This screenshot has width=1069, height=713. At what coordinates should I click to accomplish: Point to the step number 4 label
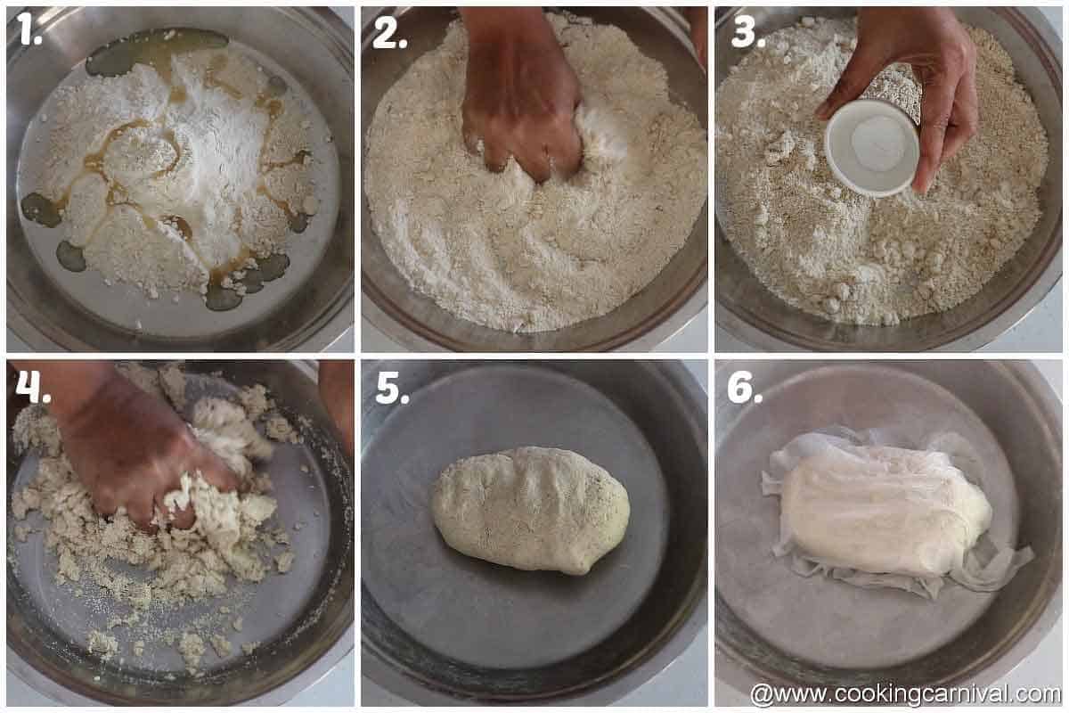click(32, 386)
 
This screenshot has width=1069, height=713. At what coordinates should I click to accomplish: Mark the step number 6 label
click(745, 387)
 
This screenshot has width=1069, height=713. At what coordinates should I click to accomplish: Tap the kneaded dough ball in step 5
click(531, 509)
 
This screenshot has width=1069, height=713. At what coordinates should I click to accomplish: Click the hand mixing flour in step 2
click(521, 98)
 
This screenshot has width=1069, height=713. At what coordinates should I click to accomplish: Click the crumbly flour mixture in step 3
click(891, 258)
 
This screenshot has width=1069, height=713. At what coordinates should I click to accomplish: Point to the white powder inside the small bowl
click(877, 143)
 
